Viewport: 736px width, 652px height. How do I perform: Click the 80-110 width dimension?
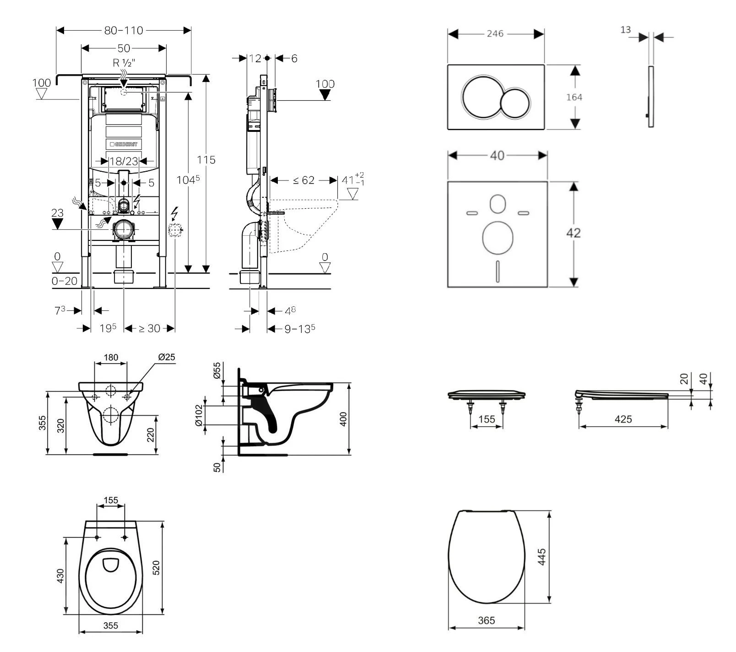click(x=124, y=31)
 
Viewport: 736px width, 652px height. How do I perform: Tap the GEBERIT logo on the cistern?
click(x=124, y=144)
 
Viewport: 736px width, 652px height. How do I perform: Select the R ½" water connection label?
click(x=124, y=63)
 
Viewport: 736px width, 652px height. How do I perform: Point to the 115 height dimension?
click(x=206, y=160)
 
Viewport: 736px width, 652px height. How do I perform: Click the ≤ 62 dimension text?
click(x=303, y=180)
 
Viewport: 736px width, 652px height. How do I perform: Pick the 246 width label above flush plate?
click(x=495, y=34)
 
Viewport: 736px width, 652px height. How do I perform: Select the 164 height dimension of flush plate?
click(x=574, y=97)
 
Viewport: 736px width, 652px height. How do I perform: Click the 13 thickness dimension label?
click(x=625, y=30)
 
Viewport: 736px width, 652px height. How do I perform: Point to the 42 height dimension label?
click(x=573, y=233)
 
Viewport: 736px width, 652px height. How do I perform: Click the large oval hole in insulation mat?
click(x=497, y=237)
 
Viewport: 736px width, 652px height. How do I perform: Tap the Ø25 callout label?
click(x=167, y=357)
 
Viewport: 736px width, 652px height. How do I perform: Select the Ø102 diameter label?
click(x=199, y=415)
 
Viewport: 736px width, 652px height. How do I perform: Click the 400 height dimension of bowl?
click(x=344, y=419)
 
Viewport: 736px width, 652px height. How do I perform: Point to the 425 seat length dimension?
click(x=623, y=419)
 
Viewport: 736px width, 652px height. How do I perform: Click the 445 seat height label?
click(x=542, y=557)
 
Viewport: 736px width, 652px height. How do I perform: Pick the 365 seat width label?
click(x=486, y=620)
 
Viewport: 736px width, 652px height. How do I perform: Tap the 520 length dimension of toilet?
click(x=156, y=568)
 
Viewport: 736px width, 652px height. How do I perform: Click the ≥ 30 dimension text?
click(x=150, y=329)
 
